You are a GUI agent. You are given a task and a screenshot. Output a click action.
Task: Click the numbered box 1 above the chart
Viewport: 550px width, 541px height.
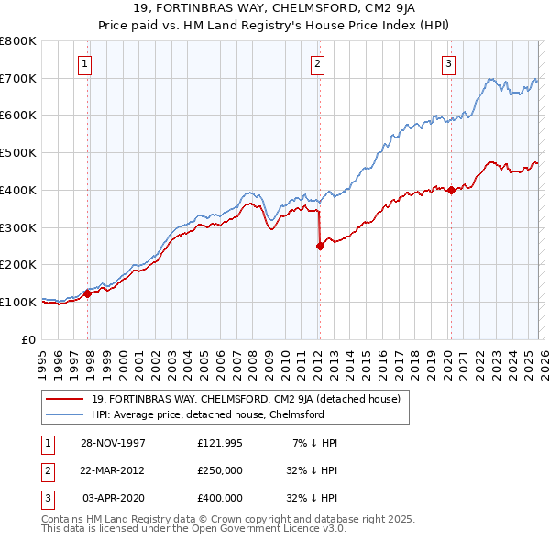pyautogui.click(x=84, y=63)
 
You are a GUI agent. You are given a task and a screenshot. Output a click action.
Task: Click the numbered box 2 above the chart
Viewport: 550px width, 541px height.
pyautogui.click(x=316, y=63)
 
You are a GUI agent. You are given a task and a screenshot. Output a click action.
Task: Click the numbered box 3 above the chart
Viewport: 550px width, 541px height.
pyautogui.click(x=448, y=63)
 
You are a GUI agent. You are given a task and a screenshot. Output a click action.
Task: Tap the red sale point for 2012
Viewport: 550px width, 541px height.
pyautogui.click(x=320, y=246)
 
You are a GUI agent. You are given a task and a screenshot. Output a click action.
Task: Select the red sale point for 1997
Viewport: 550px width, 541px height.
pyautogui.click(x=89, y=294)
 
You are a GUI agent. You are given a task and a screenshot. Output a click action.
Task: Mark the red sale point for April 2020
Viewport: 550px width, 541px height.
pyautogui.click(x=451, y=190)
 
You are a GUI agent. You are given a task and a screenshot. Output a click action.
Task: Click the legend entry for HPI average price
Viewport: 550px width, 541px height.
pyautogui.click(x=207, y=414)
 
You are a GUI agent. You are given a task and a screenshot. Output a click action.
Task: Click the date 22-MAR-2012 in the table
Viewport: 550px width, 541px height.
pyautogui.click(x=112, y=470)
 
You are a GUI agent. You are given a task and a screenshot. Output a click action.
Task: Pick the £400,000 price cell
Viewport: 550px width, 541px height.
pyautogui.click(x=220, y=498)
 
